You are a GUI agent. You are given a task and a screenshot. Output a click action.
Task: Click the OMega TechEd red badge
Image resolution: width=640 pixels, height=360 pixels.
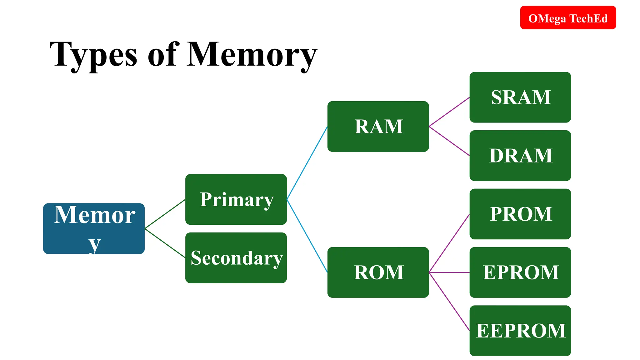point(568,18)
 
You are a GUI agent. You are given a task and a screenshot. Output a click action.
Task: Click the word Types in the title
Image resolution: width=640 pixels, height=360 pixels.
point(93,55)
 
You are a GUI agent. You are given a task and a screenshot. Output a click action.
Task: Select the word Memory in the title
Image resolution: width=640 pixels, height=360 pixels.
point(252,55)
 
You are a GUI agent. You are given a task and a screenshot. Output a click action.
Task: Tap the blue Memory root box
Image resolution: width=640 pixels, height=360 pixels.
point(94,228)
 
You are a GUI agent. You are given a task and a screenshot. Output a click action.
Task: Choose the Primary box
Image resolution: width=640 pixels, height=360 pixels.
point(236,199)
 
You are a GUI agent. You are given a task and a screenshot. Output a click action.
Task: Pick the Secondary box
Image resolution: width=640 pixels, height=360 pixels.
point(236,258)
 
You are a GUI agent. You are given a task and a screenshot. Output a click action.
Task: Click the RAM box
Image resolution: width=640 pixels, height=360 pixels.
point(378,126)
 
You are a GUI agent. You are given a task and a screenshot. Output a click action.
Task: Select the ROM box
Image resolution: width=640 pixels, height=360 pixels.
point(378,272)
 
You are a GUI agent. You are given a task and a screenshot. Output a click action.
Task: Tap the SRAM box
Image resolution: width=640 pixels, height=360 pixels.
point(520,97)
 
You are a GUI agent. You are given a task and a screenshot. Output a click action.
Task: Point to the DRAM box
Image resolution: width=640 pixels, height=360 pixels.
point(520,156)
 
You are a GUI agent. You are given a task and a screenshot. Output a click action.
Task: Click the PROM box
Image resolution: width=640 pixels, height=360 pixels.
point(520,214)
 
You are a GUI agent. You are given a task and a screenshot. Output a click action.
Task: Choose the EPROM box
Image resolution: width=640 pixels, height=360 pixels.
point(520,272)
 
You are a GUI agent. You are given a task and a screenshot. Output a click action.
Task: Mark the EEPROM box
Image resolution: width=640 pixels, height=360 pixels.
point(520,331)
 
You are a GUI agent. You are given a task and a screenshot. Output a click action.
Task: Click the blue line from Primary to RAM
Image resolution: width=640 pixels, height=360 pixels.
point(307,163)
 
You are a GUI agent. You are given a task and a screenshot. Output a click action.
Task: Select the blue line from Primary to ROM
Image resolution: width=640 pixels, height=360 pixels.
point(307,236)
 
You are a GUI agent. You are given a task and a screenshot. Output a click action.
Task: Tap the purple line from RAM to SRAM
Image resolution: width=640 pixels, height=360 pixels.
point(449,112)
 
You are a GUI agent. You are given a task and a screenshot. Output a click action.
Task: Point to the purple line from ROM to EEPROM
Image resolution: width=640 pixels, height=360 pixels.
point(449,302)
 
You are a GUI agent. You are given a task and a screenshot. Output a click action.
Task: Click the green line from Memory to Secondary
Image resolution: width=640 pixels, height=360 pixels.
point(165,243)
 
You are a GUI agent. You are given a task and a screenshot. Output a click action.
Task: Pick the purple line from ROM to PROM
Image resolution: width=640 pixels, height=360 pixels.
point(449,243)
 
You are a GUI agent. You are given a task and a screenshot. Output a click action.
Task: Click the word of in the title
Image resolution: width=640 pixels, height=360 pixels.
point(163,55)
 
